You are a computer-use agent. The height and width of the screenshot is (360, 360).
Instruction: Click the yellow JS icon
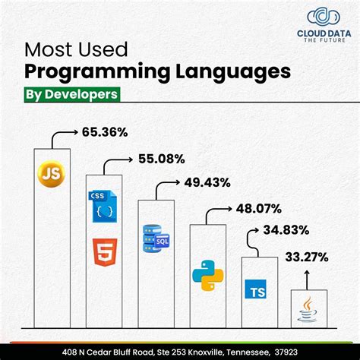pyautogui.click(x=52, y=175)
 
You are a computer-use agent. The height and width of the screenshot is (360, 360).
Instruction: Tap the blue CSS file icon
pyautogui.click(x=103, y=205)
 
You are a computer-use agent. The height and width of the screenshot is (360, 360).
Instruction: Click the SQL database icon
pyautogui.click(x=155, y=238)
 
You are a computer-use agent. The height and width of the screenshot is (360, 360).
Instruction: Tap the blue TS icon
pyautogui.click(x=257, y=290)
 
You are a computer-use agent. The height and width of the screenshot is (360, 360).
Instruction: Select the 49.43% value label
pyautogui.click(x=208, y=182)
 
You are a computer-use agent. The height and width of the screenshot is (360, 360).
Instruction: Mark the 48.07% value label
pyautogui.click(x=259, y=207)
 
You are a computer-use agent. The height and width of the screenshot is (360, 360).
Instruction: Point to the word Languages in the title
pyautogui.click(x=227, y=72)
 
